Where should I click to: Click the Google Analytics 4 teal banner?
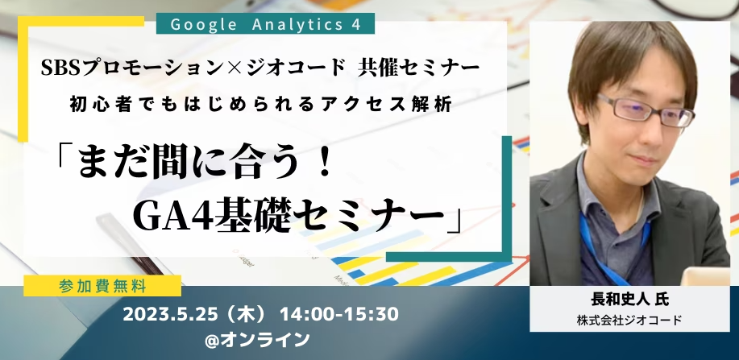(265, 23)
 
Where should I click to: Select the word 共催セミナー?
(418, 68)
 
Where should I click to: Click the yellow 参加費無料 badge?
(102, 286)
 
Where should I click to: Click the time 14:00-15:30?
(339, 314)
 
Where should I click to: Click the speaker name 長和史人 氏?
(629, 300)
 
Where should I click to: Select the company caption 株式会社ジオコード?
(629, 321)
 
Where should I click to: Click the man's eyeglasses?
(646, 110)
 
